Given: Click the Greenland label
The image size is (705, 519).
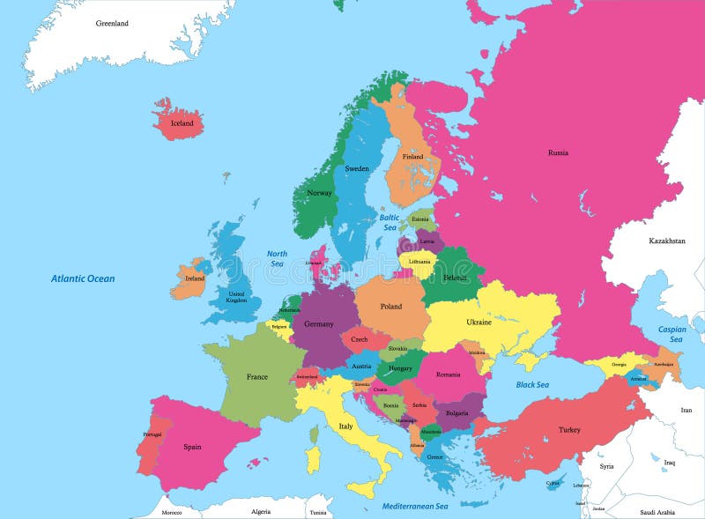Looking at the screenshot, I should pyautogui.click(x=112, y=23).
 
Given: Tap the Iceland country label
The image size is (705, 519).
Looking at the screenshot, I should pyautogui.click(x=182, y=123).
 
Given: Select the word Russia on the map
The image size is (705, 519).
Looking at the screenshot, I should pyautogui.click(x=558, y=152).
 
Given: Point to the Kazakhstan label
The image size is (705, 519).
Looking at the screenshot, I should pyautogui.click(x=667, y=241).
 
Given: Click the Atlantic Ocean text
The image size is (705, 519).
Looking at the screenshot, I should pyautogui.click(x=83, y=278).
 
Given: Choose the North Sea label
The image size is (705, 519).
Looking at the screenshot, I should pyautogui.click(x=277, y=258).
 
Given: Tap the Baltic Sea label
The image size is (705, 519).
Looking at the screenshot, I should pyautogui.click(x=390, y=222).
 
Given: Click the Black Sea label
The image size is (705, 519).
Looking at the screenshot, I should pyautogui.click(x=532, y=384).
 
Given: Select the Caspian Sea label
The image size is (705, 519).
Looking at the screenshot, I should pyautogui.click(x=672, y=334).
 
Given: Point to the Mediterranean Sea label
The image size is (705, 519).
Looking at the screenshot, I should pyautogui.click(x=415, y=507).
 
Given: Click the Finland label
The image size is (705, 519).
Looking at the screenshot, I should pyautogui.click(x=412, y=157).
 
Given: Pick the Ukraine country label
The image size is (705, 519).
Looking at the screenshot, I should pyautogui.click(x=479, y=323).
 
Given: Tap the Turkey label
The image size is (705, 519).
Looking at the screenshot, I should pyautogui.click(x=569, y=430).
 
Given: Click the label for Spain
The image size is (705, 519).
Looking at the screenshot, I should pyautogui.click(x=192, y=447).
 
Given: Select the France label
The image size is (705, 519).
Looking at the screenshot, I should pyautogui.click(x=257, y=377).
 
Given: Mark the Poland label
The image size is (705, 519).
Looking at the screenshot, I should pyautogui.click(x=390, y=307).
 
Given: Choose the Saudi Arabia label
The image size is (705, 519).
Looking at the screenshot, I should pyautogui.click(x=657, y=512).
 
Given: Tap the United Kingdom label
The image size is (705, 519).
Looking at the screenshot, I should pyautogui.click(x=237, y=297).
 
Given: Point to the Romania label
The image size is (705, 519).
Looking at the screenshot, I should pyautogui.click(x=448, y=375).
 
